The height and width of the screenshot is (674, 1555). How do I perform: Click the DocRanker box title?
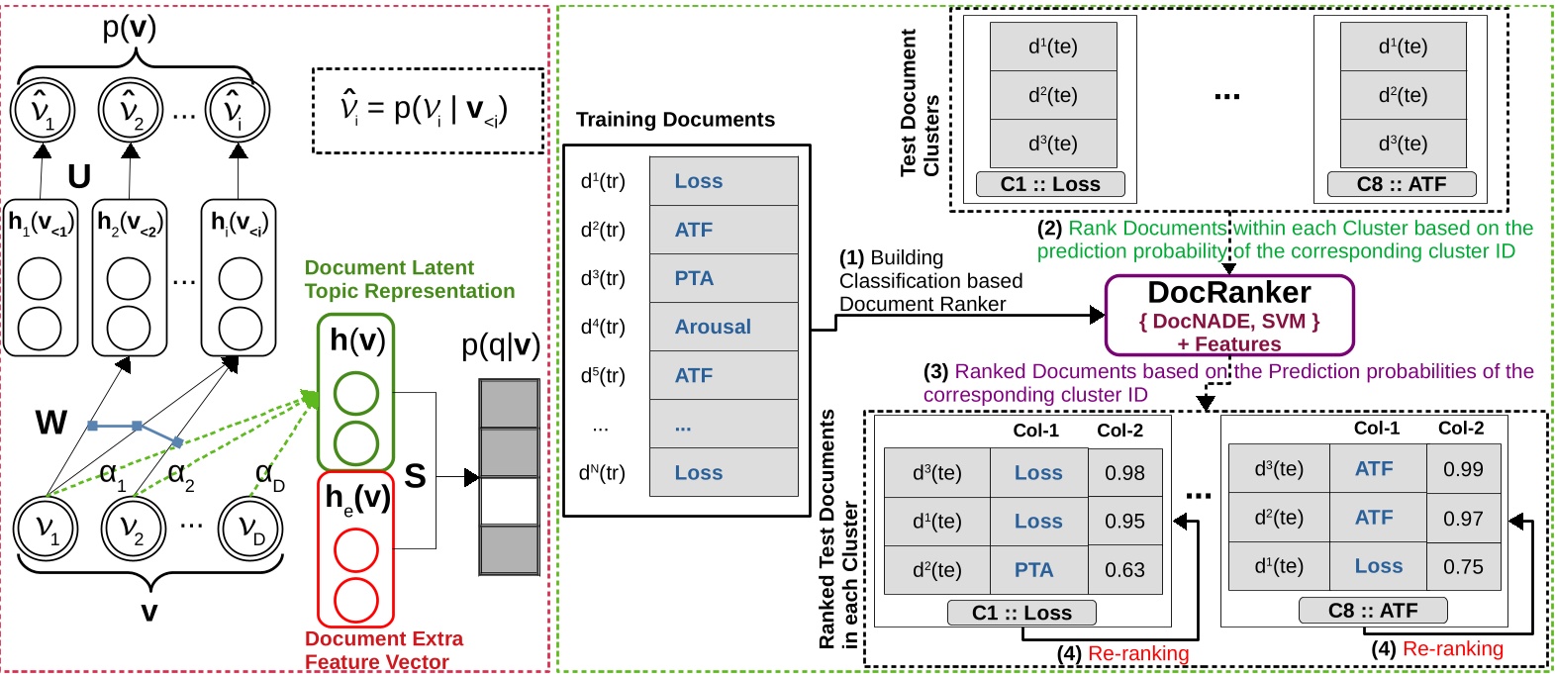coord(1228,293)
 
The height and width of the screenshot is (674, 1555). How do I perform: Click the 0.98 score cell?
coord(1124,473)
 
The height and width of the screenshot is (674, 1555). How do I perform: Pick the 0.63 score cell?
coord(1124,570)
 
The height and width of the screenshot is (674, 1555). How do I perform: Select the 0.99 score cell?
coord(1463,469)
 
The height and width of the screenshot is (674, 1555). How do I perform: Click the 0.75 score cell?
coord(1463,566)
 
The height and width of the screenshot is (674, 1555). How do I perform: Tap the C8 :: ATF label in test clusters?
coord(1401,184)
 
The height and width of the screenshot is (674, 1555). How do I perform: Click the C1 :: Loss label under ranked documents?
coord(1021,613)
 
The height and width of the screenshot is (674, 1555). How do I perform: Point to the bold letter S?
coord(416,476)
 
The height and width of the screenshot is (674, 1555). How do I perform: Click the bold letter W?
coord(50,423)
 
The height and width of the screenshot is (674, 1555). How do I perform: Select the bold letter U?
coord(79,176)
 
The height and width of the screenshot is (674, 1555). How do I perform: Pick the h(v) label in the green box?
coord(356,340)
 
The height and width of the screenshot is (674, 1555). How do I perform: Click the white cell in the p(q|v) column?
coord(509,501)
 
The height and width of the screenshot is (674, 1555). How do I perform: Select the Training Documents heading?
coord(675,120)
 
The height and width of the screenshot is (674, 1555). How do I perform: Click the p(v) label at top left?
coord(130,27)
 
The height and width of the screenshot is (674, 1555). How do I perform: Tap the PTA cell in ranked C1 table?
coord(1037,570)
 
